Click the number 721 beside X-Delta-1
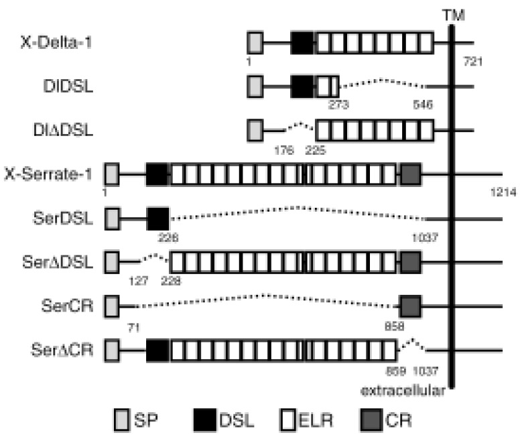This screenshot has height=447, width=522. (472, 63)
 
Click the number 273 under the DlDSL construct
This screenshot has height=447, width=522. (340, 105)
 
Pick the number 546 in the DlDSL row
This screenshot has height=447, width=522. (423, 105)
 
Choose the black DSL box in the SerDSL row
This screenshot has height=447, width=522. (158, 218)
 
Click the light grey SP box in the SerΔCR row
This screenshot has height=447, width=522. (112, 350)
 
